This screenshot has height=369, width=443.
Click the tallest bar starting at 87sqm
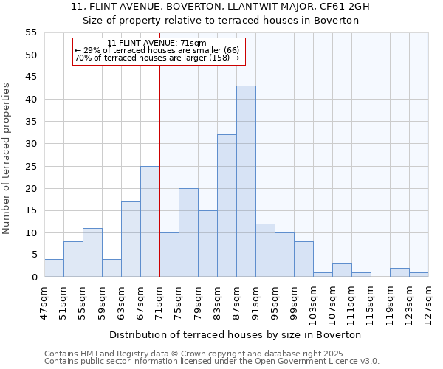tap(246, 182)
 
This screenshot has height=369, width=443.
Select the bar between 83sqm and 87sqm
tap(227, 206)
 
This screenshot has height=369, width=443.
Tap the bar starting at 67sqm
tap(150, 221)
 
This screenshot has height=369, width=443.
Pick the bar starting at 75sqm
tap(188, 232)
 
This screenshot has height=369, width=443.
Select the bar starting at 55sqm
tap(92, 252)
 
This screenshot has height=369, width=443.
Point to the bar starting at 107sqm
tap(342, 270)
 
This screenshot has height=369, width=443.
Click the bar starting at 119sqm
tap(399, 272)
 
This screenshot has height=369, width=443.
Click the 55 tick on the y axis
tap(30, 32)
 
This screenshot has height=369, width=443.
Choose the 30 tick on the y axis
tap(30, 144)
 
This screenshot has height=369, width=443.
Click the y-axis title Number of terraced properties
tap(7, 159)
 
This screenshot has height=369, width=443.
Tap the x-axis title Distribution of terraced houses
tap(236, 334)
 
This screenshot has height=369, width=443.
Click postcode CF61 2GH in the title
tap(343, 7)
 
